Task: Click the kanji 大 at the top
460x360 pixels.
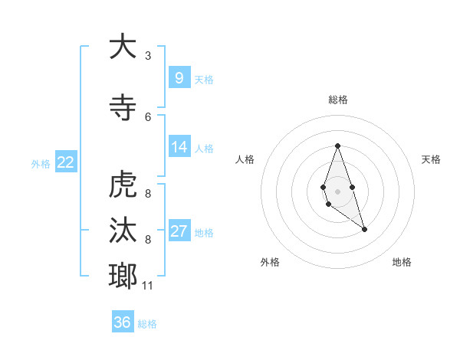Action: coord(122,47)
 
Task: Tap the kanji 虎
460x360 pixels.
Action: coord(122,185)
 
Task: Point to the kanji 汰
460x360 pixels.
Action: coord(122,230)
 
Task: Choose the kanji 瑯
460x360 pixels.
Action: coord(122,274)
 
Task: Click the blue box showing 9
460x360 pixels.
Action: coord(179,77)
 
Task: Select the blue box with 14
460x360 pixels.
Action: coord(179,146)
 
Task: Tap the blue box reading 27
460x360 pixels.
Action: coord(179,231)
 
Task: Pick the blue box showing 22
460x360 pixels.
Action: coord(66,162)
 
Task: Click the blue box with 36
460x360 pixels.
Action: coord(123,322)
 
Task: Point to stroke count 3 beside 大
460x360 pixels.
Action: coord(148,56)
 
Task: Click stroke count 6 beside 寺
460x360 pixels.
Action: coord(148,116)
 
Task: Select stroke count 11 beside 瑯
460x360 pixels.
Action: coord(148,286)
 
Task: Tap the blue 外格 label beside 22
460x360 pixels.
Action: coord(40,163)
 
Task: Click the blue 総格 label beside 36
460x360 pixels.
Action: coord(147,324)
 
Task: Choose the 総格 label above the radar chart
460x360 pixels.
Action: coord(337,100)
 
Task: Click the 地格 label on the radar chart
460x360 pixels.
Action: coord(402,262)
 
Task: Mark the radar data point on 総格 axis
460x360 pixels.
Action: coord(337,146)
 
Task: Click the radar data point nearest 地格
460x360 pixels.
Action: coord(364,229)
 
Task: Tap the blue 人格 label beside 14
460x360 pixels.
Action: coord(204,148)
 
